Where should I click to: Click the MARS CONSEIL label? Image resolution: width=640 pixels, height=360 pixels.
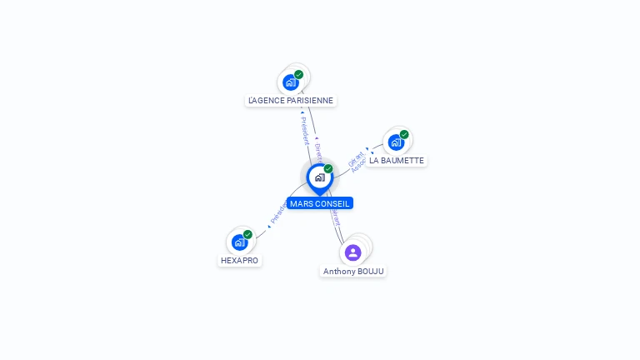click(x=320, y=203)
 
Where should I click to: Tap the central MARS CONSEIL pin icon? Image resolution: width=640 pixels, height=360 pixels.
click(x=319, y=177)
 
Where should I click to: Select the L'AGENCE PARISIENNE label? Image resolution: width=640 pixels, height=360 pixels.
click(x=291, y=101)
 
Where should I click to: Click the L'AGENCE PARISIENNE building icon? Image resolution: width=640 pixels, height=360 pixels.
click(x=290, y=82)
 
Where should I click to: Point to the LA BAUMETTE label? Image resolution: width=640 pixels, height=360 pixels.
click(x=397, y=161)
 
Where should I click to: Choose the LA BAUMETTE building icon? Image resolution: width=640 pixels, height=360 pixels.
click(x=396, y=142)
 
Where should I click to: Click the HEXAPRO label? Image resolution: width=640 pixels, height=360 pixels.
click(x=239, y=261)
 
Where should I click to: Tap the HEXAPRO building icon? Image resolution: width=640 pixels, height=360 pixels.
click(x=240, y=242)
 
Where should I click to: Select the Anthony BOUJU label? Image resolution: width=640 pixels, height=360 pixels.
click(x=354, y=272)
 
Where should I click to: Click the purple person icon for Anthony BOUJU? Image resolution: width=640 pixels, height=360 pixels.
click(x=352, y=252)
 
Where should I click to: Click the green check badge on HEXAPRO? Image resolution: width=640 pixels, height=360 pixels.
click(x=247, y=235)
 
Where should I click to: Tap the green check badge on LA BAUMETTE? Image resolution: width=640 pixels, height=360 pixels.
click(x=404, y=134)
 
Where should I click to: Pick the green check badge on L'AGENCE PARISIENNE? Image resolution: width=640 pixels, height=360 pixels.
click(x=298, y=74)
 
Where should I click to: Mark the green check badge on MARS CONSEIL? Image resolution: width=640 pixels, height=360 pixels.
click(x=328, y=168)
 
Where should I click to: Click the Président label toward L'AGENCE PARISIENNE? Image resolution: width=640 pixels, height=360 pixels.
click(x=304, y=131)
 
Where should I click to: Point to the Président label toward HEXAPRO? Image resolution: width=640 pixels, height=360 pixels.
click(x=278, y=212)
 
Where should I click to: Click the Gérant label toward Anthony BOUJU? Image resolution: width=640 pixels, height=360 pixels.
click(x=336, y=217)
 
